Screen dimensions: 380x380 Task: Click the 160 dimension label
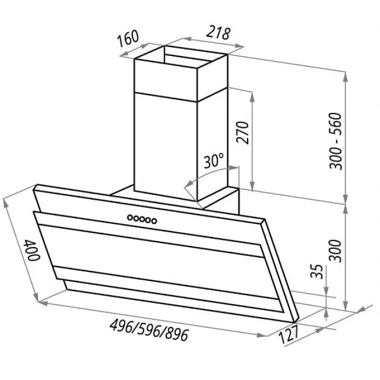[128, 38]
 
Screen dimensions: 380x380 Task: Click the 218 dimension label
[218, 33]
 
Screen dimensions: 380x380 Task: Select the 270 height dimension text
[243, 132]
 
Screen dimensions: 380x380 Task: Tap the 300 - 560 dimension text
[335, 141]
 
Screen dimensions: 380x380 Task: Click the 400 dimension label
[32, 250]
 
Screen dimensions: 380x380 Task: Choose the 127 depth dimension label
[289, 334]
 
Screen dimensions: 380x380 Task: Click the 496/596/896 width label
[149, 330]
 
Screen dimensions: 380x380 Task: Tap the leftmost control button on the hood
[130, 217]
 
